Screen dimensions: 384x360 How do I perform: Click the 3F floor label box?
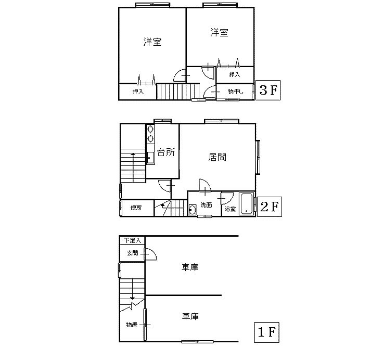[x=268, y=90]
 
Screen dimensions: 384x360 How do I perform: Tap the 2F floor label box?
[x=269, y=207]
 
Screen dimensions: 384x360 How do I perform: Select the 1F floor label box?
[x=267, y=332]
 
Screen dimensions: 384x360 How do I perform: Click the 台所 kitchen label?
[x=166, y=152]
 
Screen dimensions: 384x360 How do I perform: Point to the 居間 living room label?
[x=217, y=157]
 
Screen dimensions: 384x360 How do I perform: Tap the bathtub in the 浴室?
[x=246, y=204]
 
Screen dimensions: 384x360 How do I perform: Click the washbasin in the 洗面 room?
[x=193, y=210]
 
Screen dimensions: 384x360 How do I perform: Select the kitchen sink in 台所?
[x=150, y=158]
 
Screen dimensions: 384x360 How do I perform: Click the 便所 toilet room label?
[x=136, y=208]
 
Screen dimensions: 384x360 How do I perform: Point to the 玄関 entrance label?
[x=133, y=253]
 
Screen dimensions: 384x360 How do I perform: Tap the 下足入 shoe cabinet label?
[x=133, y=240]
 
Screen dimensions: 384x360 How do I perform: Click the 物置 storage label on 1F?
[x=132, y=325]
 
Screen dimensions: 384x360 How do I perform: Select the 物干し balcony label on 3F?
[x=236, y=92]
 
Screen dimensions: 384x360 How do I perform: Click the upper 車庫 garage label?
[x=190, y=267]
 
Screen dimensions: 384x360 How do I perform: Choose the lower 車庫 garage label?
[x=190, y=316]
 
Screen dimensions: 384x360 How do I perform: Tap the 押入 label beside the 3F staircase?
[x=138, y=92]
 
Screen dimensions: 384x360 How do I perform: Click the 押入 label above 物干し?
[x=234, y=74]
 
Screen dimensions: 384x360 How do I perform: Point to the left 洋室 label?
[x=152, y=42]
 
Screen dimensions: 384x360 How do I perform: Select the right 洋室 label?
[x=219, y=32]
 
